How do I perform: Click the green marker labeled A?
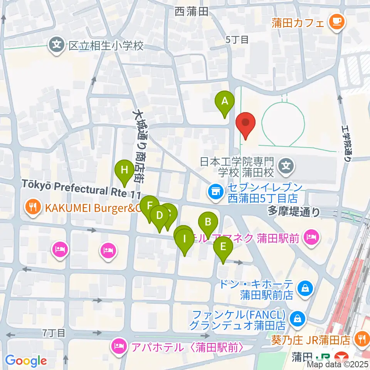(224, 102)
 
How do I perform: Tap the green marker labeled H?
(124, 170)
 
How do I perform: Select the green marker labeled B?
(208, 222)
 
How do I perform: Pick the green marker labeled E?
(223, 247)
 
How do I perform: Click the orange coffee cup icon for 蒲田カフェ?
(336, 22)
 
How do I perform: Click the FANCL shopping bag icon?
(298, 318)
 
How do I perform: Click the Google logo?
(26, 361)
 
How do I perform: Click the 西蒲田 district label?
(191, 12)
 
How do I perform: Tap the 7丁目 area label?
(54, 333)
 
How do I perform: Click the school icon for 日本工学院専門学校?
(286, 166)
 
